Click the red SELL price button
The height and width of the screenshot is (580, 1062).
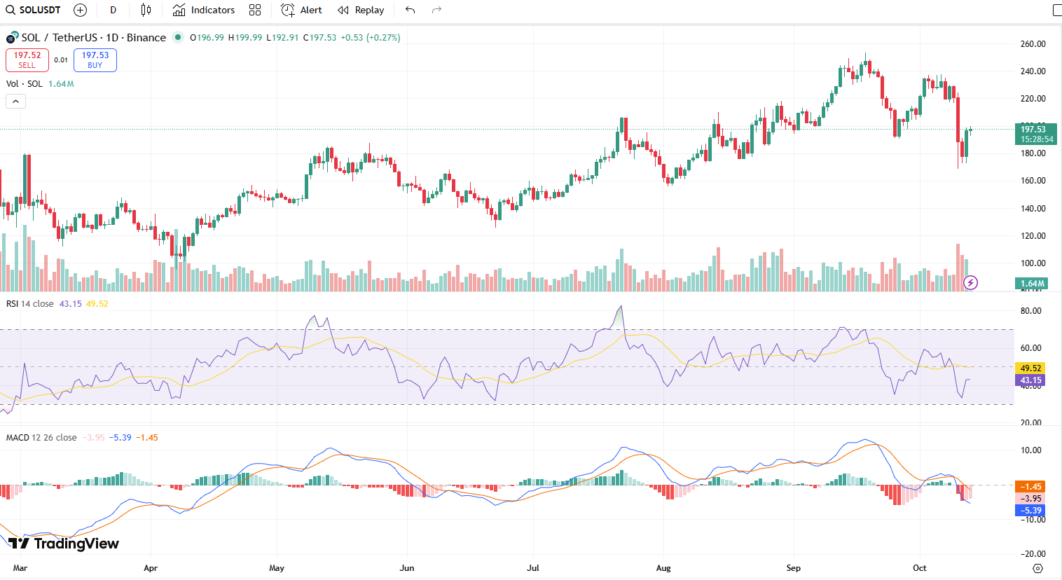tap(27, 60)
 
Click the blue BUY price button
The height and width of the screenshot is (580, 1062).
tap(95, 60)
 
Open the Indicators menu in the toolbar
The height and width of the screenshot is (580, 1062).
tap(204, 10)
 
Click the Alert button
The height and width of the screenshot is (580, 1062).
tap(302, 10)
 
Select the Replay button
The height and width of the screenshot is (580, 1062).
tap(361, 10)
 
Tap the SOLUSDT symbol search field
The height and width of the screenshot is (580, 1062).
tap(33, 10)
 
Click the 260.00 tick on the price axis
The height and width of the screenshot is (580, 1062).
tap(1033, 44)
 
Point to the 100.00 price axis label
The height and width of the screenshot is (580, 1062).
tap(1033, 263)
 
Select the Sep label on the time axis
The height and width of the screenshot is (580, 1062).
tap(793, 568)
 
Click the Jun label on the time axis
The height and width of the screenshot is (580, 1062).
tap(406, 568)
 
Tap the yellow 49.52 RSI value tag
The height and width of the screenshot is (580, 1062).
tap(1030, 368)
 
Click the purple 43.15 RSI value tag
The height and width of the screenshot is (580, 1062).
tap(1030, 380)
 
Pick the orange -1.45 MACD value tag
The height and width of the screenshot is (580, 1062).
tap(1030, 487)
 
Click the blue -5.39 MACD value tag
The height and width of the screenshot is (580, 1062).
tap(1030, 511)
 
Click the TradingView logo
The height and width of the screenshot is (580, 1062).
tap(64, 544)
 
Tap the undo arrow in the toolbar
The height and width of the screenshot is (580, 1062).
tap(411, 10)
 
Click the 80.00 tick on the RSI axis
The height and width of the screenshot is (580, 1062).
tap(1031, 311)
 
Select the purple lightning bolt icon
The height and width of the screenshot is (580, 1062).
tap(970, 283)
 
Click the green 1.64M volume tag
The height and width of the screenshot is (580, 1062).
tap(1031, 284)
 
